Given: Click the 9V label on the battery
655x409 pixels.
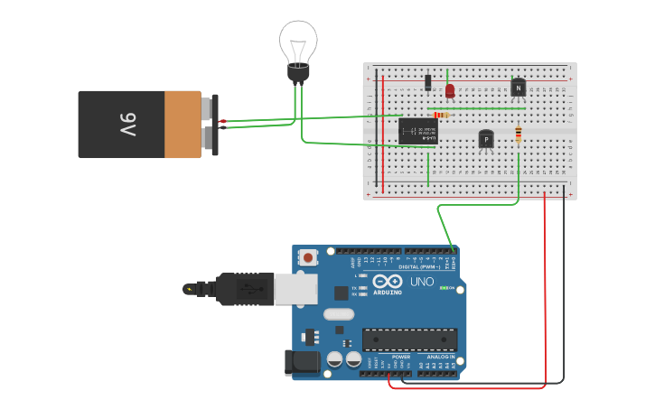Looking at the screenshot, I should [x=127, y=124].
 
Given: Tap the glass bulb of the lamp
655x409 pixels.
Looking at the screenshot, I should [x=297, y=41].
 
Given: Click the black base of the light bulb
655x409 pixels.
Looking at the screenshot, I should [x=298, y=71].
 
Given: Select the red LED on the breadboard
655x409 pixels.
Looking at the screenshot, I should [x=450, y=90].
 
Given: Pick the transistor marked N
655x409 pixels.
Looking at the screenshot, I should [x=518, y=88].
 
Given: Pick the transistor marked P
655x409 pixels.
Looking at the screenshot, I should [x=486, y=139].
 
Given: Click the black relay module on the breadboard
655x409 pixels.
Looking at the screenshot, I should [x=417, y=131].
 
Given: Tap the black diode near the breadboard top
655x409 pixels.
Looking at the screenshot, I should [x=427, y=83].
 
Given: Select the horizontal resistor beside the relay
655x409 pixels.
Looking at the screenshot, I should [x=441, y=116].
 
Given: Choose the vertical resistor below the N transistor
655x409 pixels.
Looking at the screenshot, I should [x=518, y=135].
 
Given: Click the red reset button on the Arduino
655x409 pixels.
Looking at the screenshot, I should [x=309, y=257].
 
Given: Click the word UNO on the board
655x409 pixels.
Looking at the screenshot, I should [x=422, y=282].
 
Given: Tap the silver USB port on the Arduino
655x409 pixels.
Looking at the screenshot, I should [x=295, y=289].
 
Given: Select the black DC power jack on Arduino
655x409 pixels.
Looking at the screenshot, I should [x=301, y=362].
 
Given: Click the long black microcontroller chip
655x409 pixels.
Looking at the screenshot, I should [x=409, y=339].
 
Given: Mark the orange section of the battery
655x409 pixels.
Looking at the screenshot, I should [x=182, y=124].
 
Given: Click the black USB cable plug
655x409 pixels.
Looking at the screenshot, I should [x=244, y=289].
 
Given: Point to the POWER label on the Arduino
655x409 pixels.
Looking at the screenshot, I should [x=401, y=357].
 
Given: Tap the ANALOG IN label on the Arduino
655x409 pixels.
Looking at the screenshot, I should [x=440, y=357].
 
